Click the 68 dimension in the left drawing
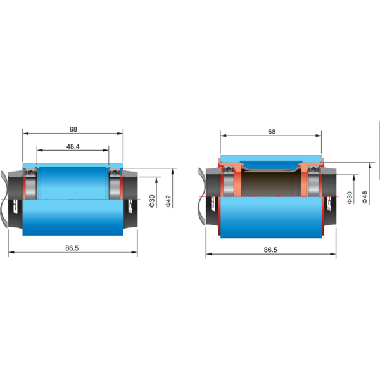[73, 129]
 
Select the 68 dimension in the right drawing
[272, 132]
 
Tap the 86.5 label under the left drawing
[72, 248]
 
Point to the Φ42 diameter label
[168, 201]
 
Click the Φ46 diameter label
[365, 197]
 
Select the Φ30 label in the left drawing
[152, 201]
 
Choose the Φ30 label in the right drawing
[350, 197]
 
